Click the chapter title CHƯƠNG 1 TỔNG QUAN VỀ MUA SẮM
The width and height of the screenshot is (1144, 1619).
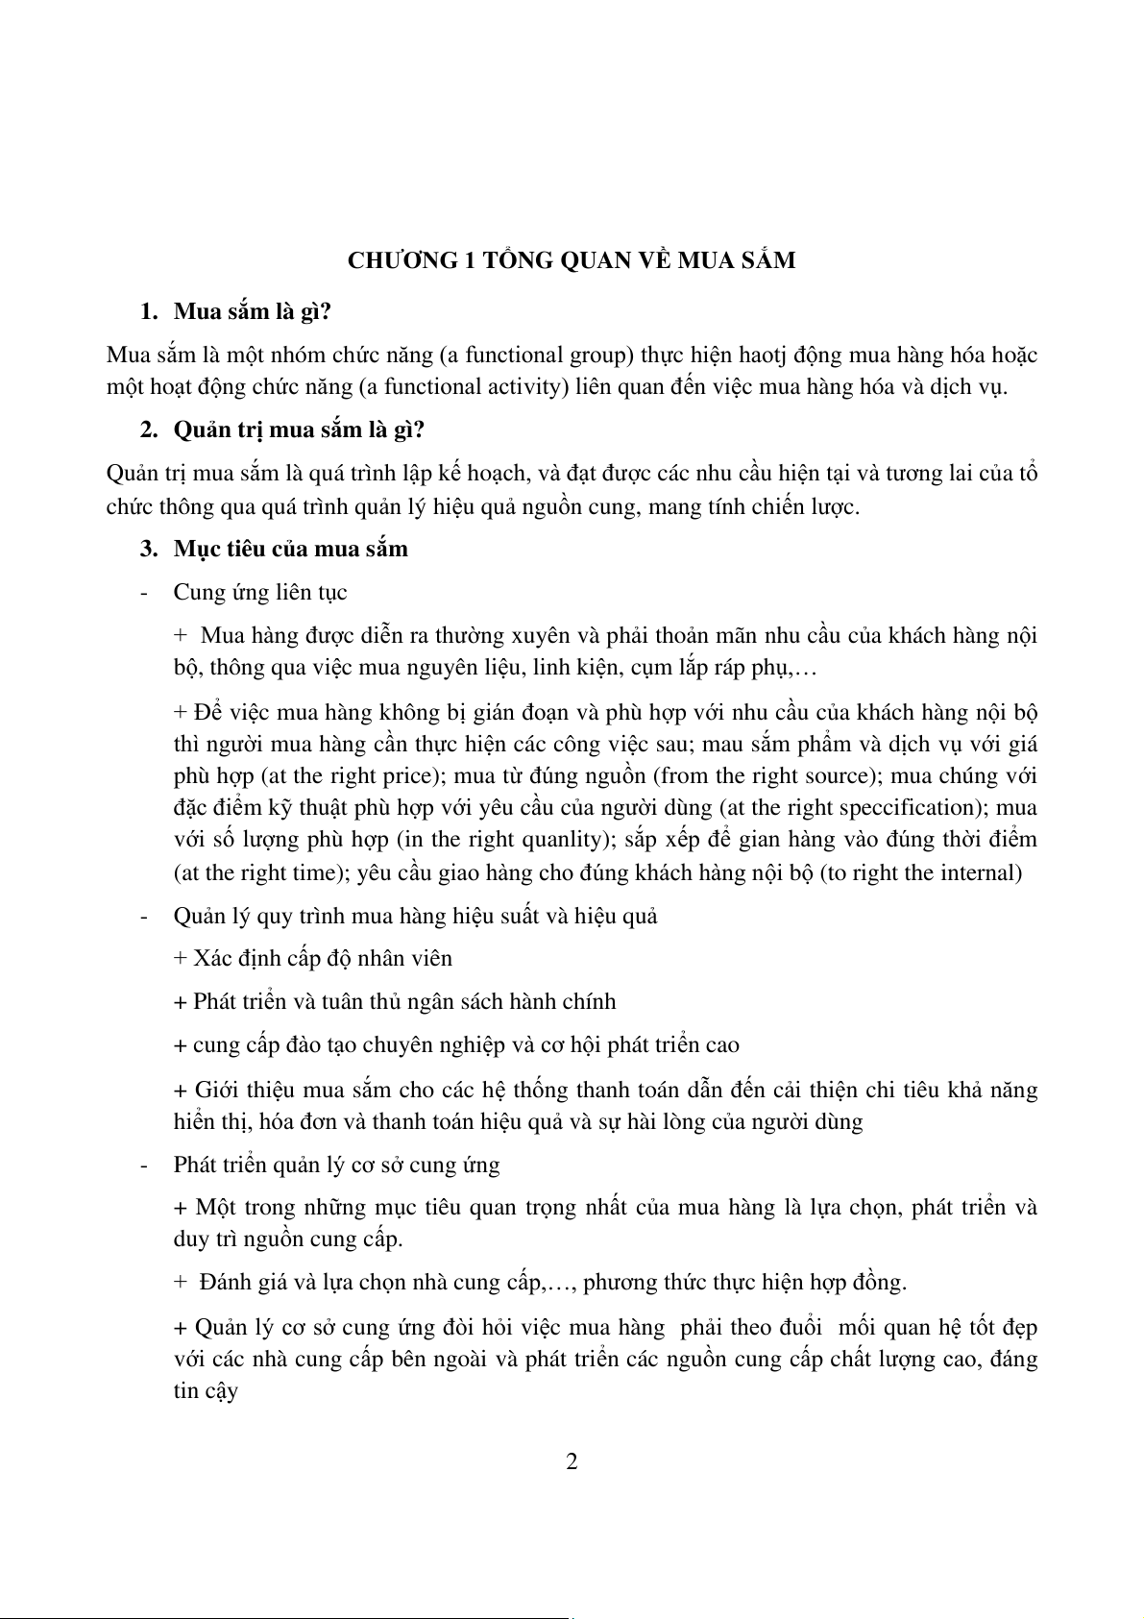pyautogui.click(x=572, y=260)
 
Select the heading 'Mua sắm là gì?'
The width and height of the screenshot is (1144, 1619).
pyautogui.click(x=252, y=312)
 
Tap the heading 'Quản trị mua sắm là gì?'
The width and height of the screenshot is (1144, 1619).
pyautogui.click(x=299, y=429)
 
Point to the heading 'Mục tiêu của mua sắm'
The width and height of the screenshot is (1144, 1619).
pyautogui.click(x=290, y=549)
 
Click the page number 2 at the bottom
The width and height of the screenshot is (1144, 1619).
pyautogui.click(x=572, y=1462)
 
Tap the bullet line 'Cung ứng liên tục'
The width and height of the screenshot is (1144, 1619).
pyautogui.click(x=259, y=592)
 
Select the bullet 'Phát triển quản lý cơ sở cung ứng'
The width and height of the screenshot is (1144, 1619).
pyautogui.click(x=336, y=1165)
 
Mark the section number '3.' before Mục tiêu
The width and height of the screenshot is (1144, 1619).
pyautogui.click(x=148, y=549)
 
